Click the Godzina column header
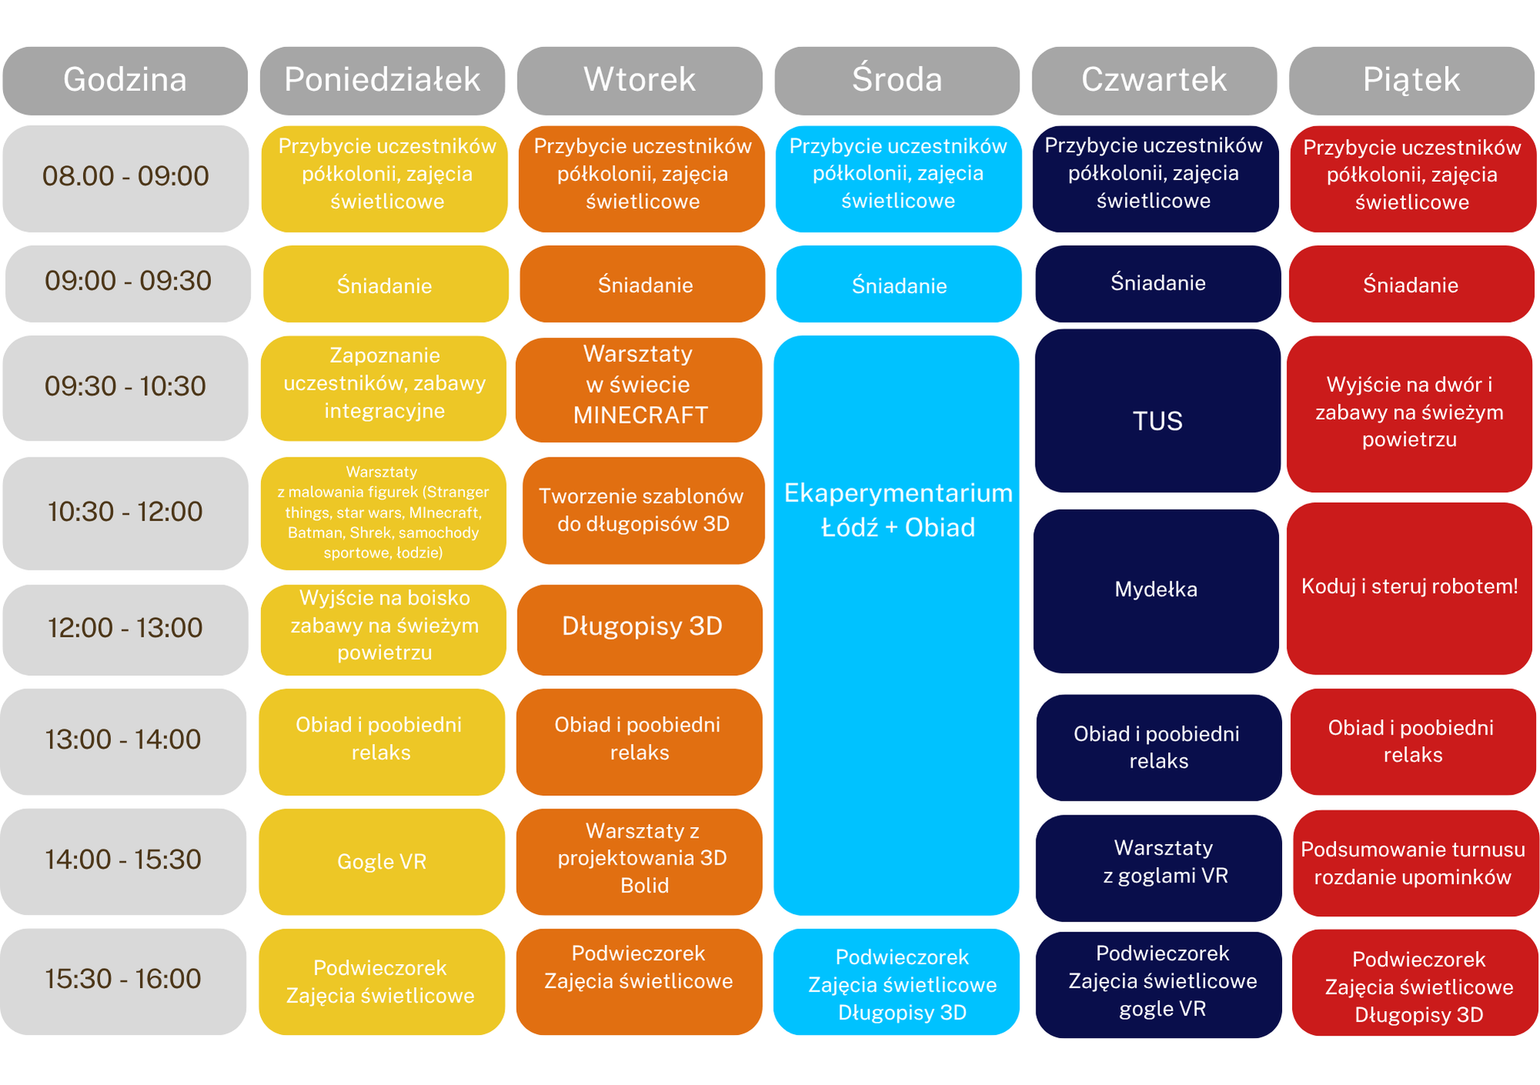coord(125,81)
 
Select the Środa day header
coord(897,81)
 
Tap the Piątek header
coord(1411,81)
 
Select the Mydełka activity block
coord(1156,591)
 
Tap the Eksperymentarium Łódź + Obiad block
coord(896,625)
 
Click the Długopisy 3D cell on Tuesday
coord(640,630)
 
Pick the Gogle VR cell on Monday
coord(382,862)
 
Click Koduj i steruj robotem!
coord(1409,588)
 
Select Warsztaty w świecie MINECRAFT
coord(639,390)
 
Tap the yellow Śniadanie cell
coord(386,284)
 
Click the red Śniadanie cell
coord(1411,284)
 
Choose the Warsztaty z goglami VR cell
coord(1159,869)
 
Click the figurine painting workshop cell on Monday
coord(383,514)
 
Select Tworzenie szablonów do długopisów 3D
coord(644,511)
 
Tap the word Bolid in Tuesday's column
coord(644,886)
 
